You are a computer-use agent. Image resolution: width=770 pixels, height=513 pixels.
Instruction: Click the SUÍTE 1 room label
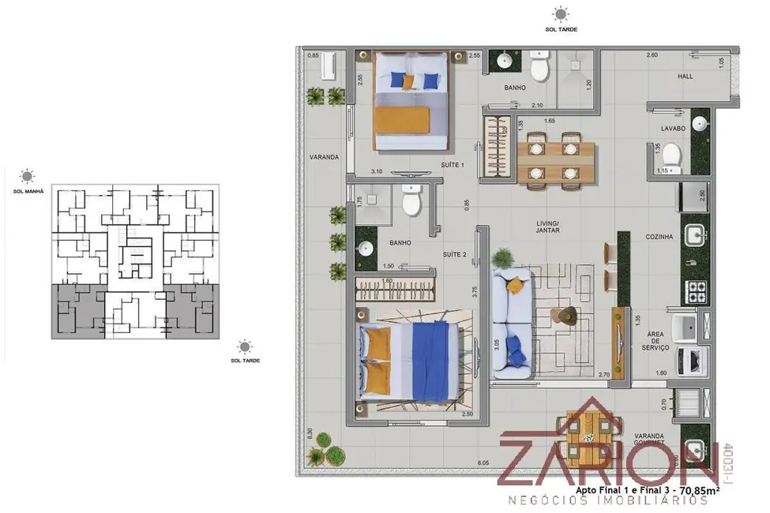click(x=453, y=165)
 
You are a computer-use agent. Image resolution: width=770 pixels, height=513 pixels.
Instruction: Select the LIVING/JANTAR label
click(x=548, y=227)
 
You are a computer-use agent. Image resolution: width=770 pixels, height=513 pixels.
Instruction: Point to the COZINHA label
click(x=659, y=237)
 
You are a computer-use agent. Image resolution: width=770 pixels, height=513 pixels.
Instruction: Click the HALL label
click(x=685, y=76)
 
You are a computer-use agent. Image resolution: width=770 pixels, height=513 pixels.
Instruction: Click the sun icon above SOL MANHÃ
click(x=28, y=176)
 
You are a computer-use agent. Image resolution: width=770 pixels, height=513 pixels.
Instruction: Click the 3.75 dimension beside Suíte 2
click(x=475, y=290)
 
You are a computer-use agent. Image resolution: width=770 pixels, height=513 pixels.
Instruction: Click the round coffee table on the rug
click(x=565, y=316)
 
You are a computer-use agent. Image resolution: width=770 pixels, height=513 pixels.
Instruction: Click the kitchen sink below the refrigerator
click(x=695, y=234)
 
